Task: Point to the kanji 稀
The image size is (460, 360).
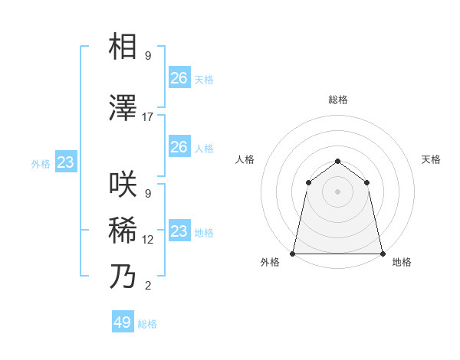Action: [x=123, y=231]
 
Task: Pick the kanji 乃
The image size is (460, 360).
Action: [x=123, y=277]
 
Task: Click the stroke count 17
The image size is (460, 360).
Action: [x=148, y=117]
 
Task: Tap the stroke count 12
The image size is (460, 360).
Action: [x=148, y=240]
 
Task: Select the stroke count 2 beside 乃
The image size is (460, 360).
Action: [x=148, y=286]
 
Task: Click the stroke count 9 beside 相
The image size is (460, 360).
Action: [x=148, y=56]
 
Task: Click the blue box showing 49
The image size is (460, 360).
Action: [x=123, y=322]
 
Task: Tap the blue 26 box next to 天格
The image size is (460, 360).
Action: [x=179, y=78]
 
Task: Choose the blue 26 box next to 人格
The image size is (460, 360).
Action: [x=179, y=147]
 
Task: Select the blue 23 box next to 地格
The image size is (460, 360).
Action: [x=179, y=231]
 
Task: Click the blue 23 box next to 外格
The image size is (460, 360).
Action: [x=65, y=162]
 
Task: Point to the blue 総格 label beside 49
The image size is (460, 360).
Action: [x=147, y=324]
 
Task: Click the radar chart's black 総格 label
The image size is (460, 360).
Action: [x=337, y=100]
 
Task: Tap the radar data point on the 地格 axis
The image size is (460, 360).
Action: [x=382, y=253]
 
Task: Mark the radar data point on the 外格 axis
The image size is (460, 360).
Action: [x=293, y=253]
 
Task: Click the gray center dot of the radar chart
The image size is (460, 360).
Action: [x=337, y=191]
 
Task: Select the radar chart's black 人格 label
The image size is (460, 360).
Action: [x=245, y=159]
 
